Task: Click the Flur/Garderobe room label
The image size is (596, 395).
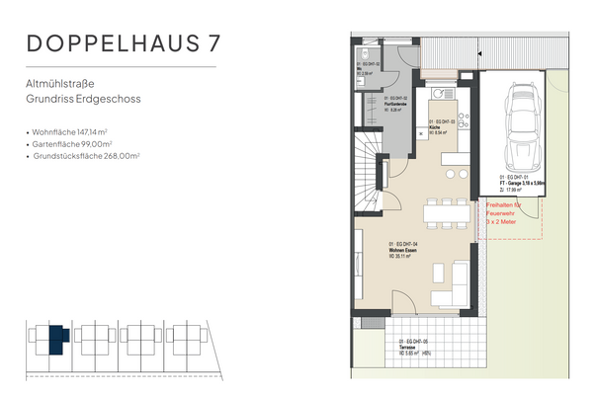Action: [x=394, y=100]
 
